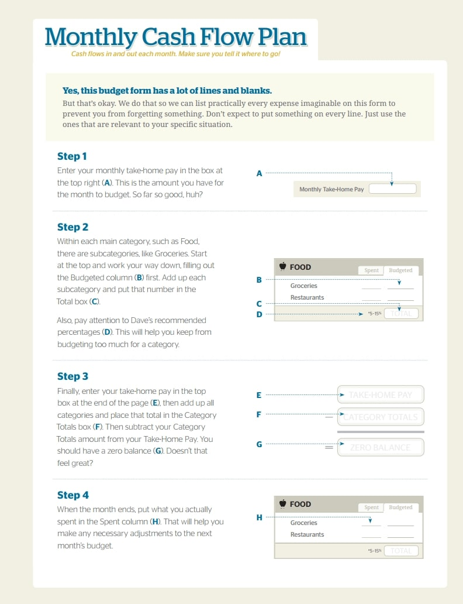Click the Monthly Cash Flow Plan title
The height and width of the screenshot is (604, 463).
click(x=176, y=37)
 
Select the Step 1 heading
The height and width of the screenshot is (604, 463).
click(x=72, y=156)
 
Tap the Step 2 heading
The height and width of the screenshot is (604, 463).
click(x=72, y=227)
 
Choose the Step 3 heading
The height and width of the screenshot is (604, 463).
click(x=72, y=376)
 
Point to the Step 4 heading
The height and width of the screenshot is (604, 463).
click(x=73, y=495)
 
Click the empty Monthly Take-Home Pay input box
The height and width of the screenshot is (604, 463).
click(x=392, y=189)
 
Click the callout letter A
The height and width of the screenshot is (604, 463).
click(x=260, y=173)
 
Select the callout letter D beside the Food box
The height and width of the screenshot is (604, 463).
click(x=260, y=314)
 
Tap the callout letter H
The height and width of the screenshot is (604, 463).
click(x=260, y=517)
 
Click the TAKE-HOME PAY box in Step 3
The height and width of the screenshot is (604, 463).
click(x=380, y=394)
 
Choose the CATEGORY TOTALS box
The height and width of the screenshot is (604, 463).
click(x=380, y=417)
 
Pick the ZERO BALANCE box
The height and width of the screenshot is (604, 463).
click(x=380, y=448)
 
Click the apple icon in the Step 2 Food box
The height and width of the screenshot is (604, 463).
click(x=282, y=267)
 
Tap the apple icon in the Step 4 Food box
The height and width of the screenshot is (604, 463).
click(x=282, y=504)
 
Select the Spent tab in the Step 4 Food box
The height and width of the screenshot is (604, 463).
click(x=372, y=507)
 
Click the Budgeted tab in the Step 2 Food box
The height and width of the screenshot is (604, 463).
click(x=400, y=270)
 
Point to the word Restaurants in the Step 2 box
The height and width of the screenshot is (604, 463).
click(x=307, y=297)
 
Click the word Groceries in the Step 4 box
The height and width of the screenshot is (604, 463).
click(x=304, y=523)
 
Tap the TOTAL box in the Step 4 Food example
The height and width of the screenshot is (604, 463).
click(x=401, y=551)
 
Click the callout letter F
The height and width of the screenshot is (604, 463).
click(x=259, y=414)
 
